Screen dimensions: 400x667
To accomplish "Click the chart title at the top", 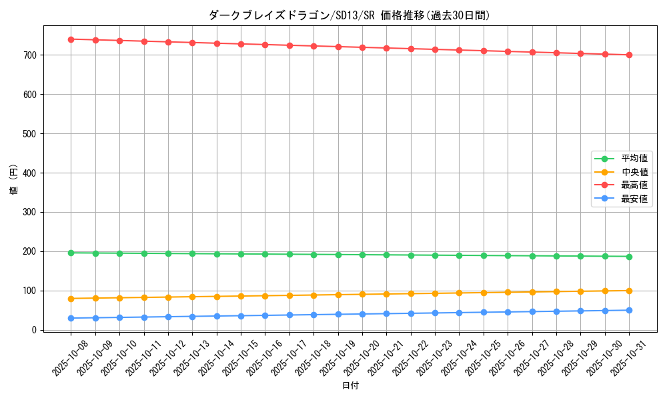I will coord(350,15).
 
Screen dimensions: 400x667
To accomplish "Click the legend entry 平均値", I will coord(634,159).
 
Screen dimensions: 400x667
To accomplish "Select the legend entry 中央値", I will coord(634,172).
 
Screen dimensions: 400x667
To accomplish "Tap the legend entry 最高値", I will coord(634,185).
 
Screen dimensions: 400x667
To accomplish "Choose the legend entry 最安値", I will coord(634,199).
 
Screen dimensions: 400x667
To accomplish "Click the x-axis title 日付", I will coord(350,386).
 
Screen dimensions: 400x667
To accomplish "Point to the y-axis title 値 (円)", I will coord(13,180).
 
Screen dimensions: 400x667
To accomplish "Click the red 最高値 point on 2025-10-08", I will coord(71,39).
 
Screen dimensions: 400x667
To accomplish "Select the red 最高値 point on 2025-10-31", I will coord(629,55).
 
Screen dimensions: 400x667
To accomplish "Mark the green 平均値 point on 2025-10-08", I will coord(71,253).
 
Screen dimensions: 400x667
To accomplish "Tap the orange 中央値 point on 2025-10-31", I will coord(629,291).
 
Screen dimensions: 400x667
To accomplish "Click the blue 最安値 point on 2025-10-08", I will coord(71,318).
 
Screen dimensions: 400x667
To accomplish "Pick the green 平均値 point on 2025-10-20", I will coord(362,255).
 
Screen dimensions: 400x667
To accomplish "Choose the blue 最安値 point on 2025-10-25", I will coord(484,312).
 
